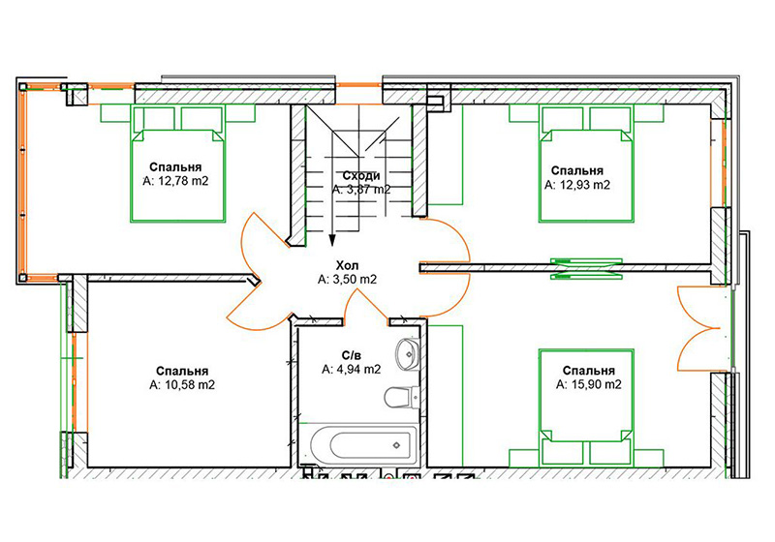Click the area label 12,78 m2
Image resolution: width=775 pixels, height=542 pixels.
176,181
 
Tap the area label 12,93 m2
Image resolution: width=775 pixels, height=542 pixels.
577,185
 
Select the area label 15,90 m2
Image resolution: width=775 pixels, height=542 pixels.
589,384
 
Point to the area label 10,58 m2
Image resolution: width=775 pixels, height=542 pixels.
182,385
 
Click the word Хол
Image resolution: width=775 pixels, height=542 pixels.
347,265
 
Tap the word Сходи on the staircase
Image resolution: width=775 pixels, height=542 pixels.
361,176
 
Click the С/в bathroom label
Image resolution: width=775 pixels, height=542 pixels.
351,355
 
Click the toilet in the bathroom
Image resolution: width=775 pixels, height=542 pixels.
402,398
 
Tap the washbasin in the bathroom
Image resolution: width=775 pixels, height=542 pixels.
408,353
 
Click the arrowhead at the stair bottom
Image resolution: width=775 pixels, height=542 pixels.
332,240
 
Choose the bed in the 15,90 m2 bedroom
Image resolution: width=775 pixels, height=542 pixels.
587,408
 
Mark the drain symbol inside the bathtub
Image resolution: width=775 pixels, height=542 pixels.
396,445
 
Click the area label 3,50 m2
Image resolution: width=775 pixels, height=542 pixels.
347,280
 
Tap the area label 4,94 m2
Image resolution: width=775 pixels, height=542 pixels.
351,369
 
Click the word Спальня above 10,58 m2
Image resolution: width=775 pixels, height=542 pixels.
182,372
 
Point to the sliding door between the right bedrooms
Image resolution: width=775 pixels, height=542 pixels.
586,268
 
